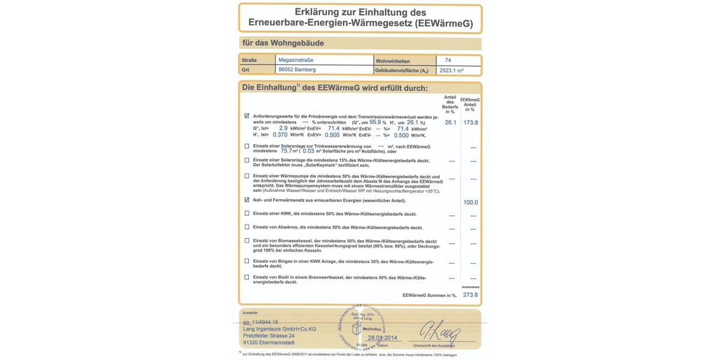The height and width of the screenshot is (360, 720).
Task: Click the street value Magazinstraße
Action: click(295, 60)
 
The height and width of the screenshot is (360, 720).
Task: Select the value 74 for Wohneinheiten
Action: click(448, 60)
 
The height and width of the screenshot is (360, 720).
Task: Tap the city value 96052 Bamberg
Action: click(297, 70)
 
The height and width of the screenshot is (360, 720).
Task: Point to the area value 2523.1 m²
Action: click(452, 70)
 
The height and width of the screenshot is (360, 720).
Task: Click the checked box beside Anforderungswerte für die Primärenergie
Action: click(247, 116)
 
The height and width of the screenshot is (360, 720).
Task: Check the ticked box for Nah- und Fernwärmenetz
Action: click(247, 200)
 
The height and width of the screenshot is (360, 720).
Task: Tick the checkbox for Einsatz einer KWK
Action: click(247, 213)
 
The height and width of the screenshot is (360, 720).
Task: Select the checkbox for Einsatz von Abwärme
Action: click(247, 227)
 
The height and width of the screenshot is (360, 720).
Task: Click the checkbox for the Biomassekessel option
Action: click(247, 241)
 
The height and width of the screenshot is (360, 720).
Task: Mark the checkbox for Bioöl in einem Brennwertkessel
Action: click(247, 277)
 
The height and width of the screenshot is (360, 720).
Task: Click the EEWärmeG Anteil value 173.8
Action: click(470, 122)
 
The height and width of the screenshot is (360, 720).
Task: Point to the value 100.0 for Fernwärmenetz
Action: click(470, 203)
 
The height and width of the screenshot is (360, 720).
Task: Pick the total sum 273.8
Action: click(470, 295)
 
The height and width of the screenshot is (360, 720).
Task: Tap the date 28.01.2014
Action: click(383, 338)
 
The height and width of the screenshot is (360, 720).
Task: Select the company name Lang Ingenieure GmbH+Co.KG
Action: click(280, 329)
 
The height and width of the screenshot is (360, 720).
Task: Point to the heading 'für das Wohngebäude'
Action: click(283, 43)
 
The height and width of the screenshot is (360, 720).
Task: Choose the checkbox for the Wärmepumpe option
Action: click(247, 176)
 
